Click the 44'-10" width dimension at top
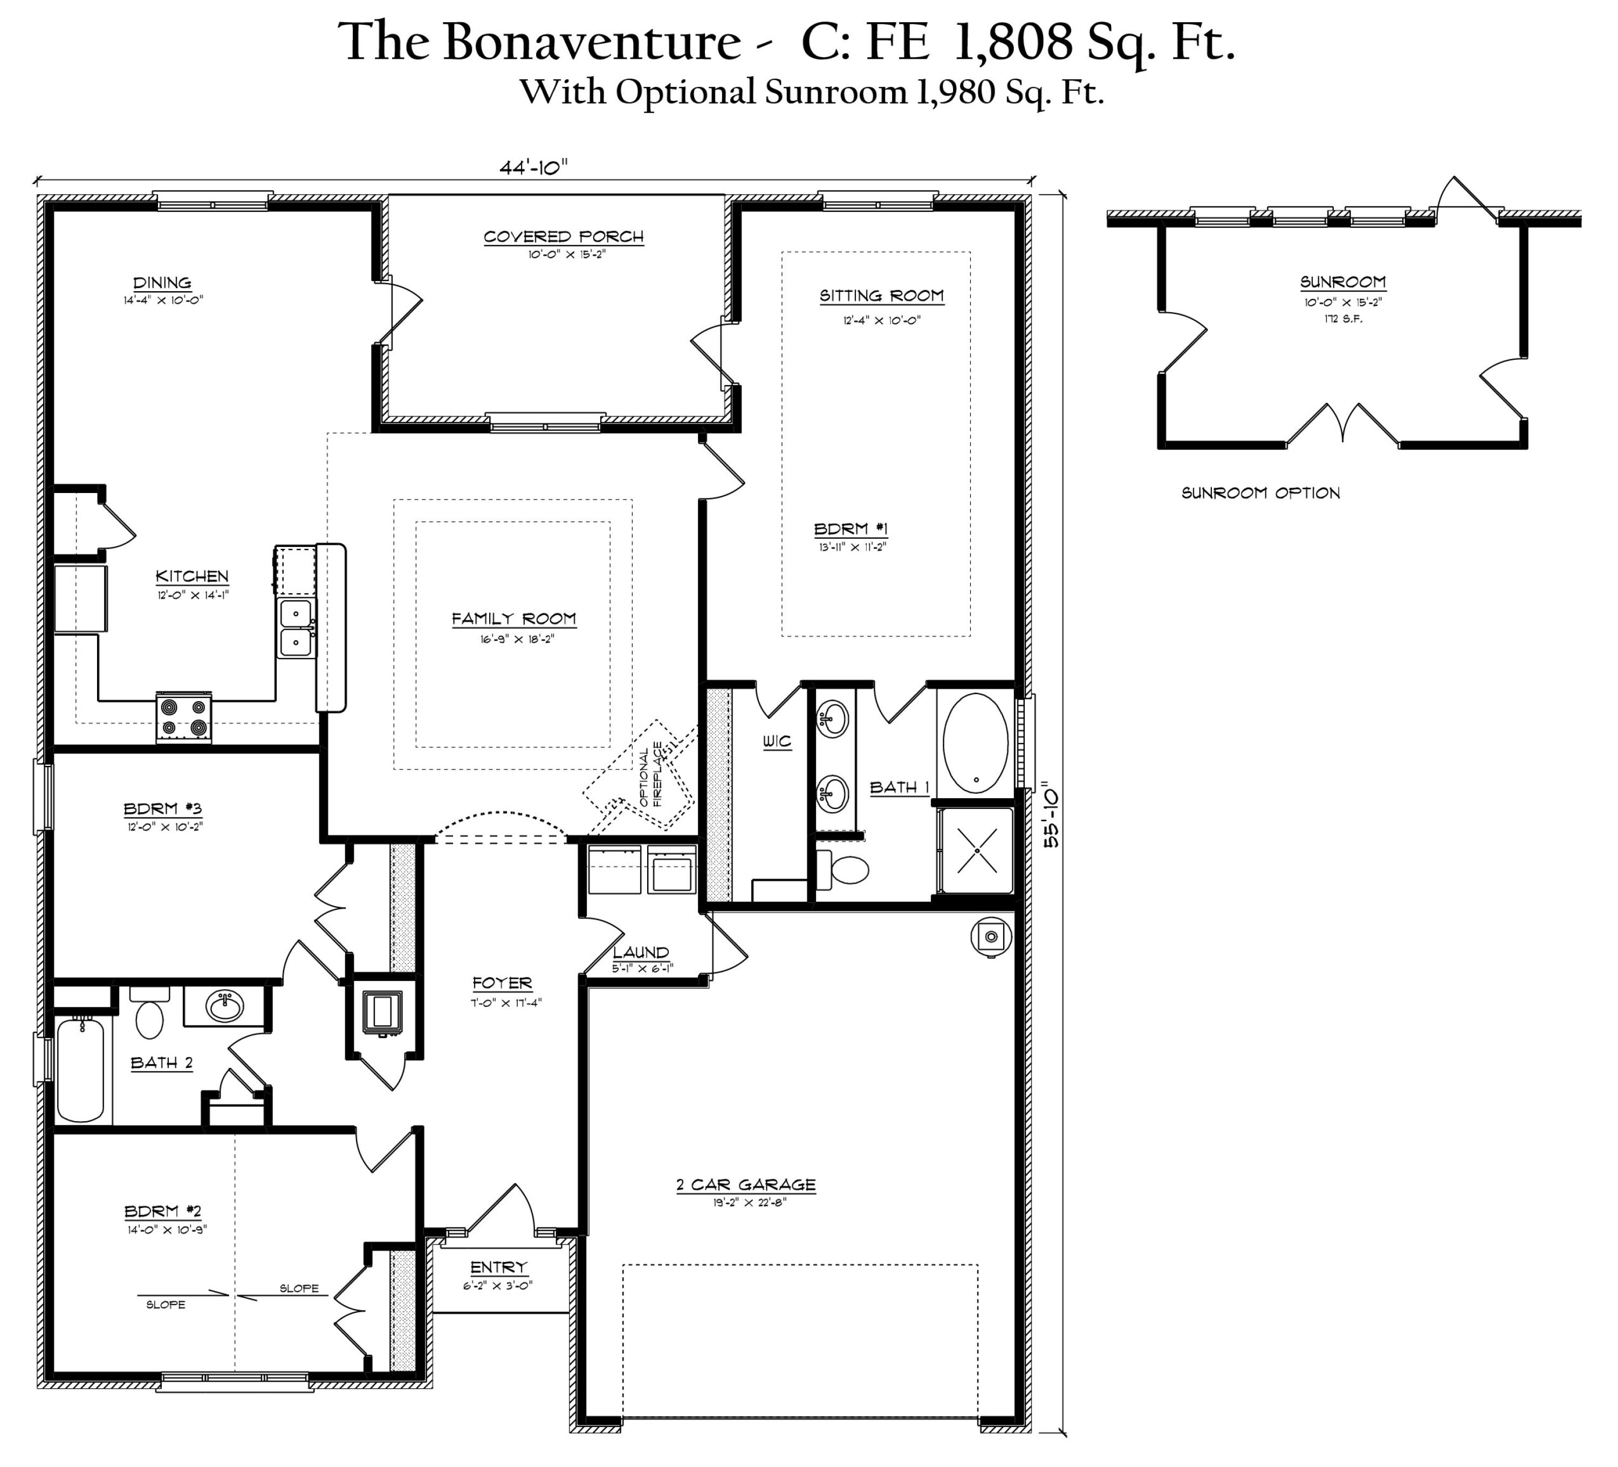[533, 166]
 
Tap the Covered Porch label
[564, 237]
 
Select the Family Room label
[513, 619]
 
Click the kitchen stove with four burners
[184, 717]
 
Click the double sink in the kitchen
[296, 628]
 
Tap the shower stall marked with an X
[977, 850]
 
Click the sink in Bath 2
[225, 1005]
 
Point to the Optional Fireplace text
[651, 775]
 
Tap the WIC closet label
[776, 742]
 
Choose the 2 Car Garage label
[745, 1184]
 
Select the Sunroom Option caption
[1260, 493]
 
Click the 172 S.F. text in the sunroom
[1343, 319]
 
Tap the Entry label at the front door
[498, 1267]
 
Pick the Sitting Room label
[881, 296]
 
